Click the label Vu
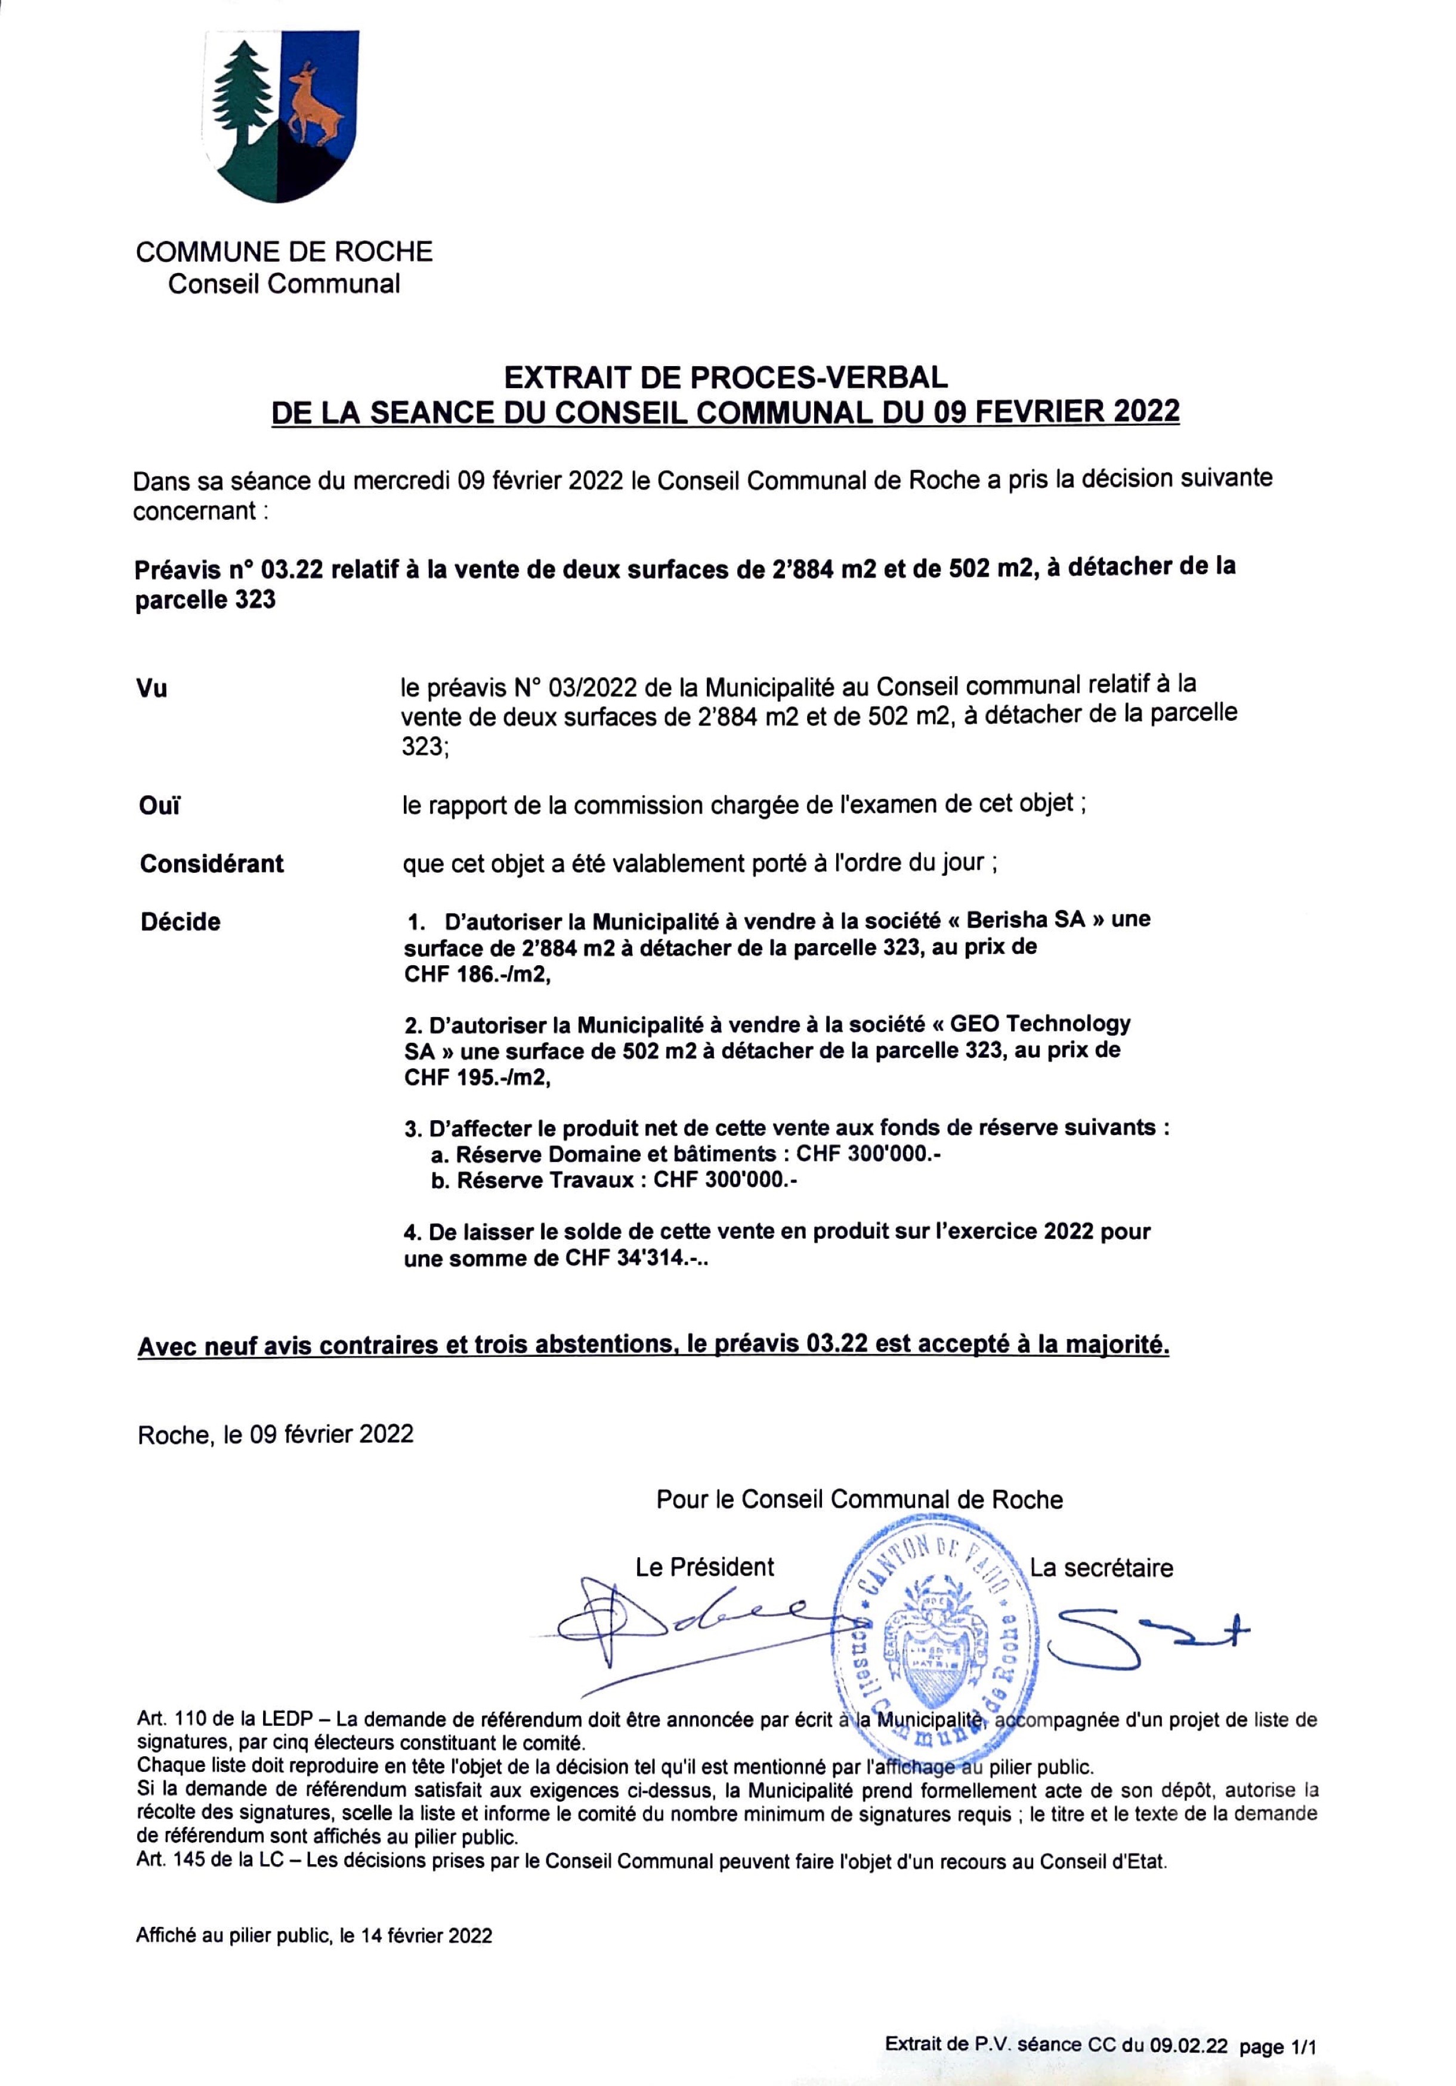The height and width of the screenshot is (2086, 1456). click(x=152, y=689)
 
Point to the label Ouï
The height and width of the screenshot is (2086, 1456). click(x=159, y=806)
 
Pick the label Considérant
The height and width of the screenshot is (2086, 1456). click(x=211, y=863)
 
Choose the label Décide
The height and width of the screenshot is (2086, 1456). click(x=180, y=922)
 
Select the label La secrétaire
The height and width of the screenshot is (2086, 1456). click(x=1100, y=1567)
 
